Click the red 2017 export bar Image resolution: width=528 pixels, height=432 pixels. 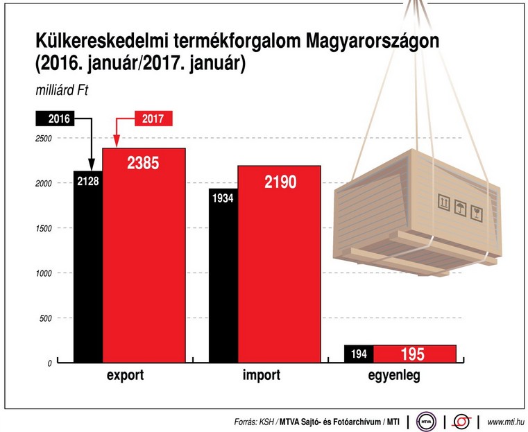tap(144, 263)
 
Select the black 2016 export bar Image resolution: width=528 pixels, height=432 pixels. tap(88, 277)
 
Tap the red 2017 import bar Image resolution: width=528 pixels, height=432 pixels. tap(279, 270)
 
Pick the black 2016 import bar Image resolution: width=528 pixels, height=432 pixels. tap(223, 284)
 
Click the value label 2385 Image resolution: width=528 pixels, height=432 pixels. tap(144, 164)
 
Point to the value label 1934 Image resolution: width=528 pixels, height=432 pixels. tap(223, 200)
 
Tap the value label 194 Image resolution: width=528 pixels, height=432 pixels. tap(359, 354)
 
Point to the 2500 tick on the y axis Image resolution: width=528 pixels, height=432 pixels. tap(43, 139)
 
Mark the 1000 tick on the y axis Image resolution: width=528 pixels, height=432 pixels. tap(43, 274)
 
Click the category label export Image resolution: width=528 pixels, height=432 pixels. tap(126, 376)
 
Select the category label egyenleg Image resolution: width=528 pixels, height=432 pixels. tap(394, 376)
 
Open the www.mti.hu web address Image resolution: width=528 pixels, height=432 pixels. tap(505, 421)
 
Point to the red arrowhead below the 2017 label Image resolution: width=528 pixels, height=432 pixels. tap(116, 143)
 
